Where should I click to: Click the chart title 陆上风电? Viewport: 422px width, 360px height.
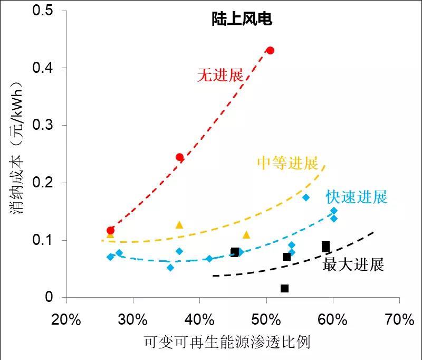click(x=239, y=20)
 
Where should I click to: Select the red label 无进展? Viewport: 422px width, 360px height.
click(x=220, y=75)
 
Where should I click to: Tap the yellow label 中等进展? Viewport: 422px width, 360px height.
click(x=287, y=163)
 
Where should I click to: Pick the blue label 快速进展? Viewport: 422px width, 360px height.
click(x=357, y=197)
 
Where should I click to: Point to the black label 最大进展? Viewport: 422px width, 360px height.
click(x=353, y=264)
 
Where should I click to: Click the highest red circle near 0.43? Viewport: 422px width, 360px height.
click(x=270, y=51)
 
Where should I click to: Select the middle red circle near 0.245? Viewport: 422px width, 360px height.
click(x=179, y=157)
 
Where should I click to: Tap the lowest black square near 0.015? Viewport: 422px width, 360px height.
click(x=284, y=288)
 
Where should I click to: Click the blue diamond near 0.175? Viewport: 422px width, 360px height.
click(x=306, y=197)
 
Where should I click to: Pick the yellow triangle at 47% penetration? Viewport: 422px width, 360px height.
click(x=246, y=235)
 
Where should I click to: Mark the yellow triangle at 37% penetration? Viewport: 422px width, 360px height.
click(x=179, y=225)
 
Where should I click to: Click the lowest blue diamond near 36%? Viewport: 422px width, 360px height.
click(x=170, y=268)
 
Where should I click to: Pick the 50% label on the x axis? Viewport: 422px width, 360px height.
click(x=266, y=320)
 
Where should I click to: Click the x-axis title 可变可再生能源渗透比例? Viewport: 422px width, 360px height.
click(x=227, y=343)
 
